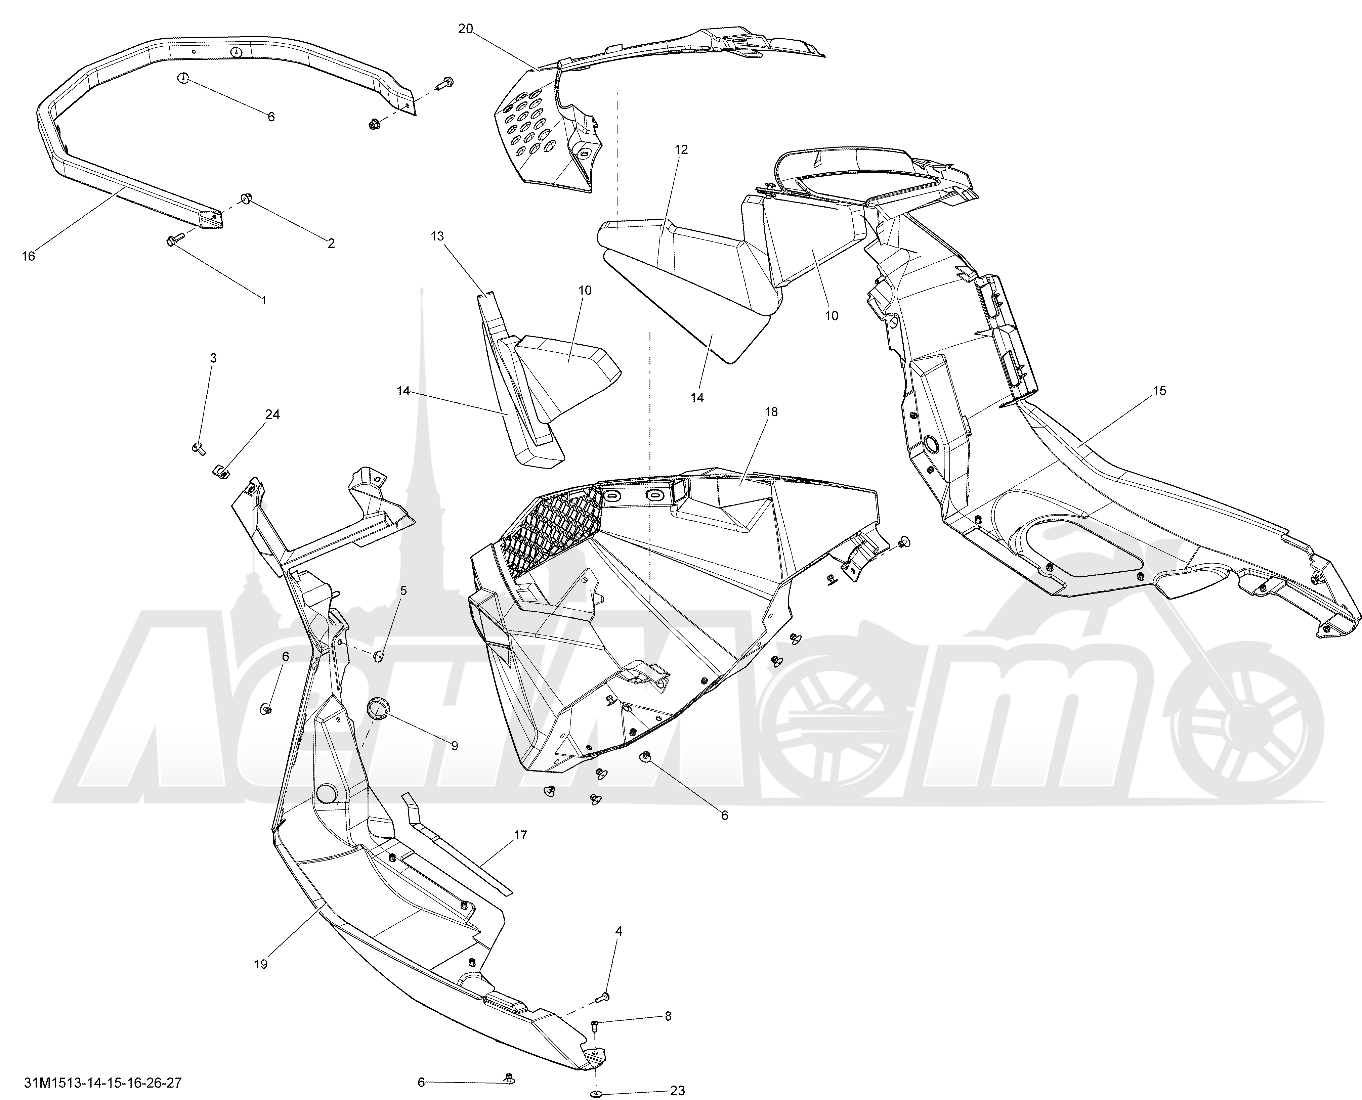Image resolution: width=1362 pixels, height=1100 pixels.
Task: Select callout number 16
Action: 29,256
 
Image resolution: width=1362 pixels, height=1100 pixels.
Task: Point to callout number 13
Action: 437,236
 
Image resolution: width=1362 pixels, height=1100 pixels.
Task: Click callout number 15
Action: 1159,391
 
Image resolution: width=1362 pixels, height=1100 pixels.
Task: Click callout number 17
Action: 520,835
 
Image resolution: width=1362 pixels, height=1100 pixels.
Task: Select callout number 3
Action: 213,358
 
